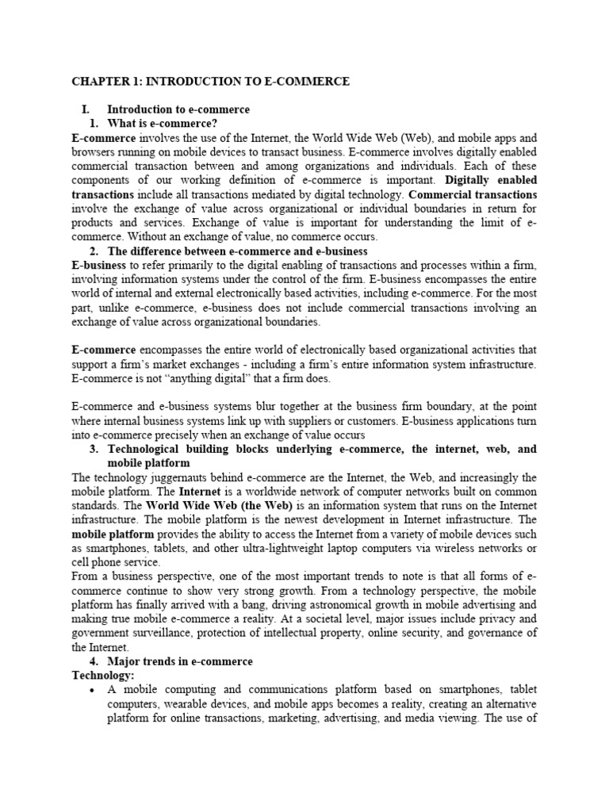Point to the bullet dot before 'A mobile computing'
[x=94, y=691]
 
